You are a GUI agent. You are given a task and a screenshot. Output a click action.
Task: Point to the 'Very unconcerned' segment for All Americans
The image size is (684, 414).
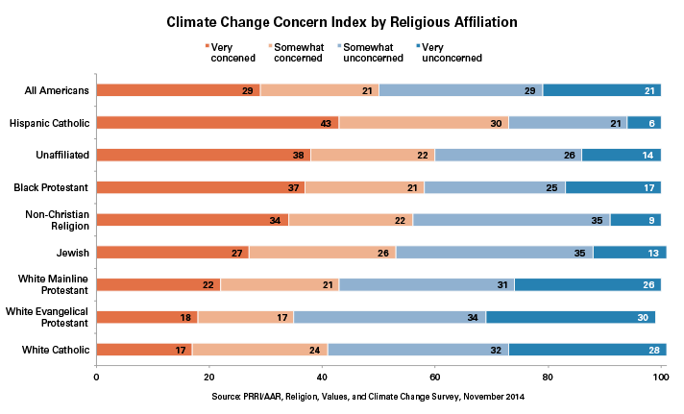point(601,90)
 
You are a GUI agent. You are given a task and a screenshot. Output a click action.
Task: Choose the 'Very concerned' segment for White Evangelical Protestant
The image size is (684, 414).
point(146,317)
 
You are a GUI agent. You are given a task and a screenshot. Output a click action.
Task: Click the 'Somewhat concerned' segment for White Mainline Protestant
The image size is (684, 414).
point(280,285)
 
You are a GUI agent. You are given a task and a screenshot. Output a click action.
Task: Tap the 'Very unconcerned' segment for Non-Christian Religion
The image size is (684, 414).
point(635,220)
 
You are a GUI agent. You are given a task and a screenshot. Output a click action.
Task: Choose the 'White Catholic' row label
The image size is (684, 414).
point(57,350)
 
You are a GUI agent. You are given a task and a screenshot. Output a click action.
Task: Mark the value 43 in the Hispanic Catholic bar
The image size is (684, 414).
point(325,123)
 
